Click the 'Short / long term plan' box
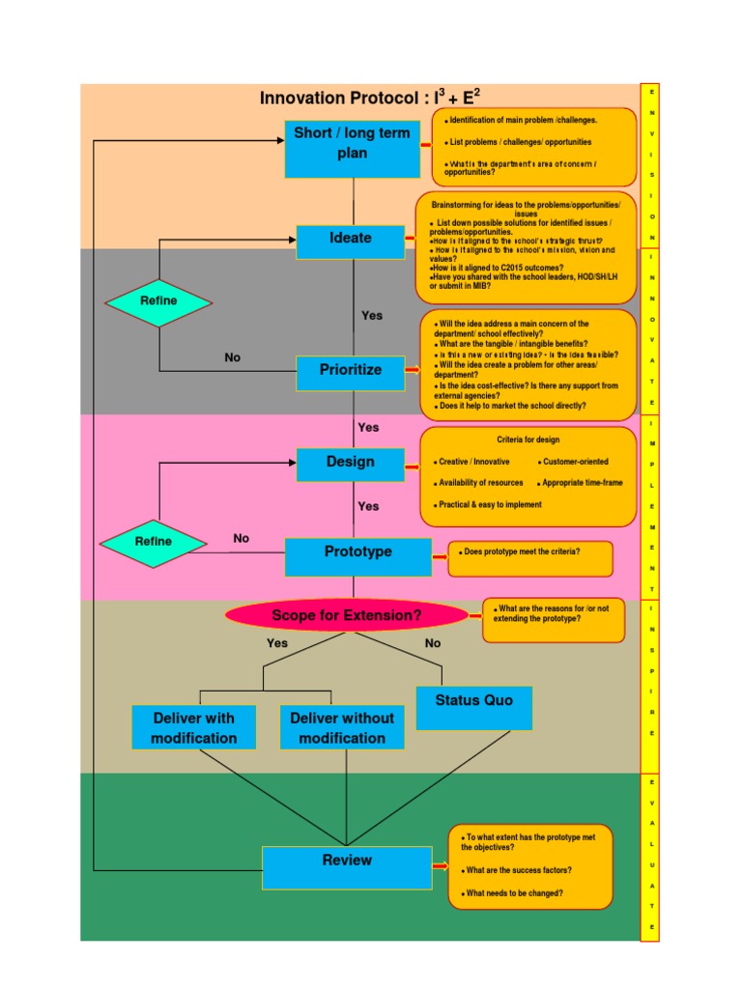(x=353, y=149)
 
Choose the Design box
(x=350, y=464)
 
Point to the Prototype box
(x=357, y=555)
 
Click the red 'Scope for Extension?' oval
(x=347, y=615)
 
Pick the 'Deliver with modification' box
(x=194, y=727)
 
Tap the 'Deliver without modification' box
(x=342, y=727)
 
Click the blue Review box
(x=347, y=866)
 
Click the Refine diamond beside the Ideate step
(x=158, y=301)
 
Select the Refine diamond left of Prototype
(x=154, y=542)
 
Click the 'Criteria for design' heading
(x=528, y=440)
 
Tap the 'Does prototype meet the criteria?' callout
(x=530, y=558)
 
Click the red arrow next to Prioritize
(x=414, y=370)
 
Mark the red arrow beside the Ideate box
(x=411, y=238)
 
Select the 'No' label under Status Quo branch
(x=433, y=643)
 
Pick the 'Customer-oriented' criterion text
(x=576, y=463)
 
